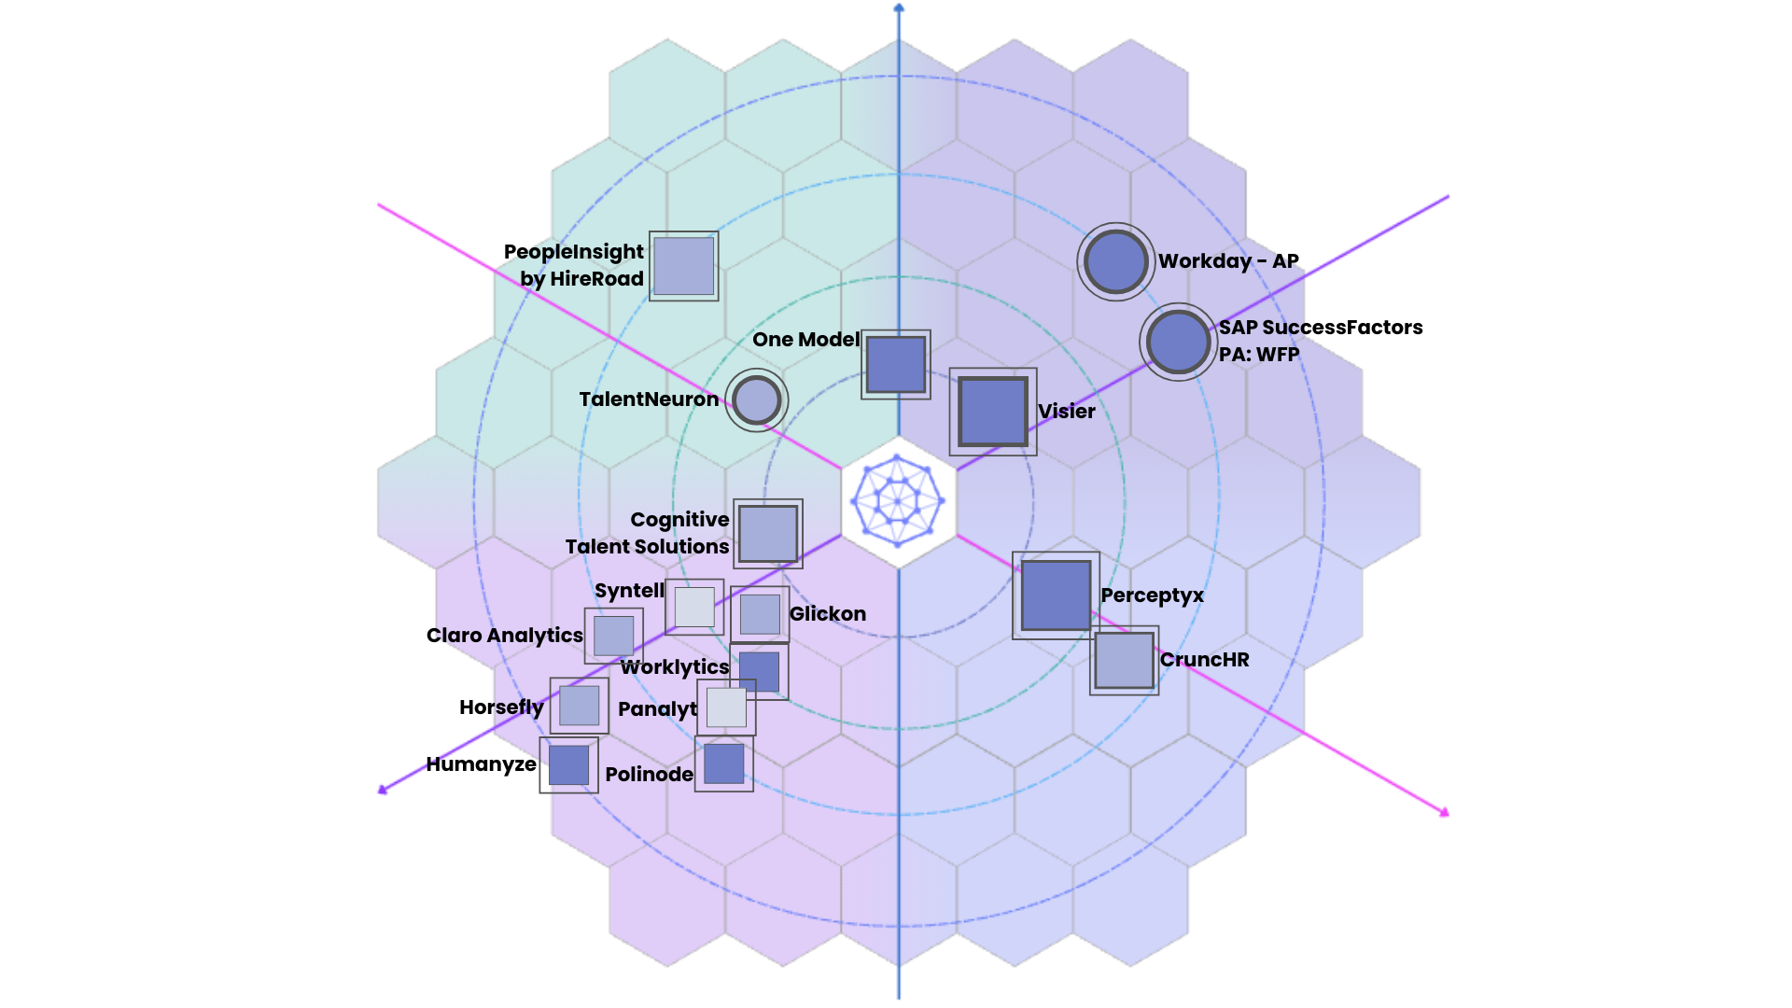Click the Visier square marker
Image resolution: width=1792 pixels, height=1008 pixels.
pos(993,412)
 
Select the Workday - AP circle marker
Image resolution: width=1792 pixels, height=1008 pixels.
pos(1116,261)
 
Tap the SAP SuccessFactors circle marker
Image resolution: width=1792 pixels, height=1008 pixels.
pos(1178,342)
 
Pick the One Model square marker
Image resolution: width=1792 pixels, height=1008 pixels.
pos(896,364)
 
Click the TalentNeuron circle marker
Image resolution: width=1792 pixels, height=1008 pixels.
pos(757,400)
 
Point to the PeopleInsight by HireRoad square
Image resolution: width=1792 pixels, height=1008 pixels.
pos(684,266)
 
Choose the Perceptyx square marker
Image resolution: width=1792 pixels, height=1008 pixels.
pos(1056,595)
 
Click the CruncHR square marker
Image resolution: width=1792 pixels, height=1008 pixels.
pos(1124,661)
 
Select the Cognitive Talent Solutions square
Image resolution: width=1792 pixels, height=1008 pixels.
pos(768,534)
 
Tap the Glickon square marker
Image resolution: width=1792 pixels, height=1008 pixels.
pos(760,614)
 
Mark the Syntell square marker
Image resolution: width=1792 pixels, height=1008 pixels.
pos(694,607)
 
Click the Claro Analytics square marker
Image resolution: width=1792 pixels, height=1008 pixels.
pos(613,636)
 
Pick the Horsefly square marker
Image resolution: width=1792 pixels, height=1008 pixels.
pos(579,706)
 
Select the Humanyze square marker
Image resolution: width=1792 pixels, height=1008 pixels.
pos(568,765)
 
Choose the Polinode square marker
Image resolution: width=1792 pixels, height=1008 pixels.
pos(723,763)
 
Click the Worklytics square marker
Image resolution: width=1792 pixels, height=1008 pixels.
pos(760,672)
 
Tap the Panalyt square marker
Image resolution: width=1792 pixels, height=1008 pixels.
pos(726,707)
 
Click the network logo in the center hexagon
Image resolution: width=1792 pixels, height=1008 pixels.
pos(898,501)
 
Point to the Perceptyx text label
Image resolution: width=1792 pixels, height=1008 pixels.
pos(1152,595)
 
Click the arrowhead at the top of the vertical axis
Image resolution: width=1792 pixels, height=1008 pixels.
pos(899,8)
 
